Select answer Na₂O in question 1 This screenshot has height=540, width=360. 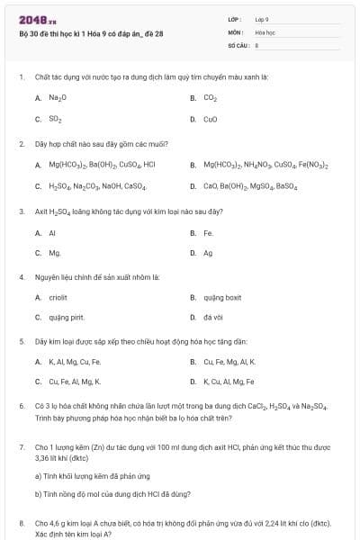pos(58,97)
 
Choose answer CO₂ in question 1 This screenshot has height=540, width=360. pos(210,97)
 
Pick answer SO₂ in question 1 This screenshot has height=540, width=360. pos(55,119)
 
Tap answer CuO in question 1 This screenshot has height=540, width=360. pos(210,119)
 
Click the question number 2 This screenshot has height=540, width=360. pos(21,143)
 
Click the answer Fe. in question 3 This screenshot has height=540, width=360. pos(209,232)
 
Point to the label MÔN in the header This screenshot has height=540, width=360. pos(236,31)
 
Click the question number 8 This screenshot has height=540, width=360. pos(21,522)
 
